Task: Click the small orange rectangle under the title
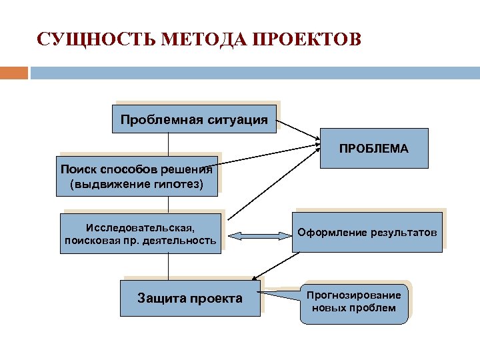(x=14, y=72)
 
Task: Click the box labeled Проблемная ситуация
(x=194, y=120)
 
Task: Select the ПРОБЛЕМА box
(x=373, y=148)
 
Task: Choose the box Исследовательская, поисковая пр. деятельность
(x=140, y=232)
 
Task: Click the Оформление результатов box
(x=367, y=233)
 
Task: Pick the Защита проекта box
(x=190, y=298)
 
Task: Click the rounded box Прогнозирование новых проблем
(x=353, y=302)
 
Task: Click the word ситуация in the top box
(x=238, y=120)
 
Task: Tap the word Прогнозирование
(x=353, y=295)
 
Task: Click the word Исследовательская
(x=140, y=225)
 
